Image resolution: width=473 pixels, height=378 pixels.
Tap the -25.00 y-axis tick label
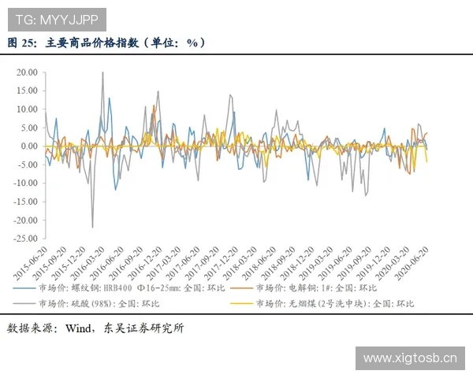[x=26, y=239]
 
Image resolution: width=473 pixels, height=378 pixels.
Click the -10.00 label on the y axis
[x=26, y=183]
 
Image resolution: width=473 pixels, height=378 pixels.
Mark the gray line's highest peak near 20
[x=102, y=72]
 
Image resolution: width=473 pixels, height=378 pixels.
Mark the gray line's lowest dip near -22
[x=92, y=228]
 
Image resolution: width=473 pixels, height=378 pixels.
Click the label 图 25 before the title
[x=20, y=43]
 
